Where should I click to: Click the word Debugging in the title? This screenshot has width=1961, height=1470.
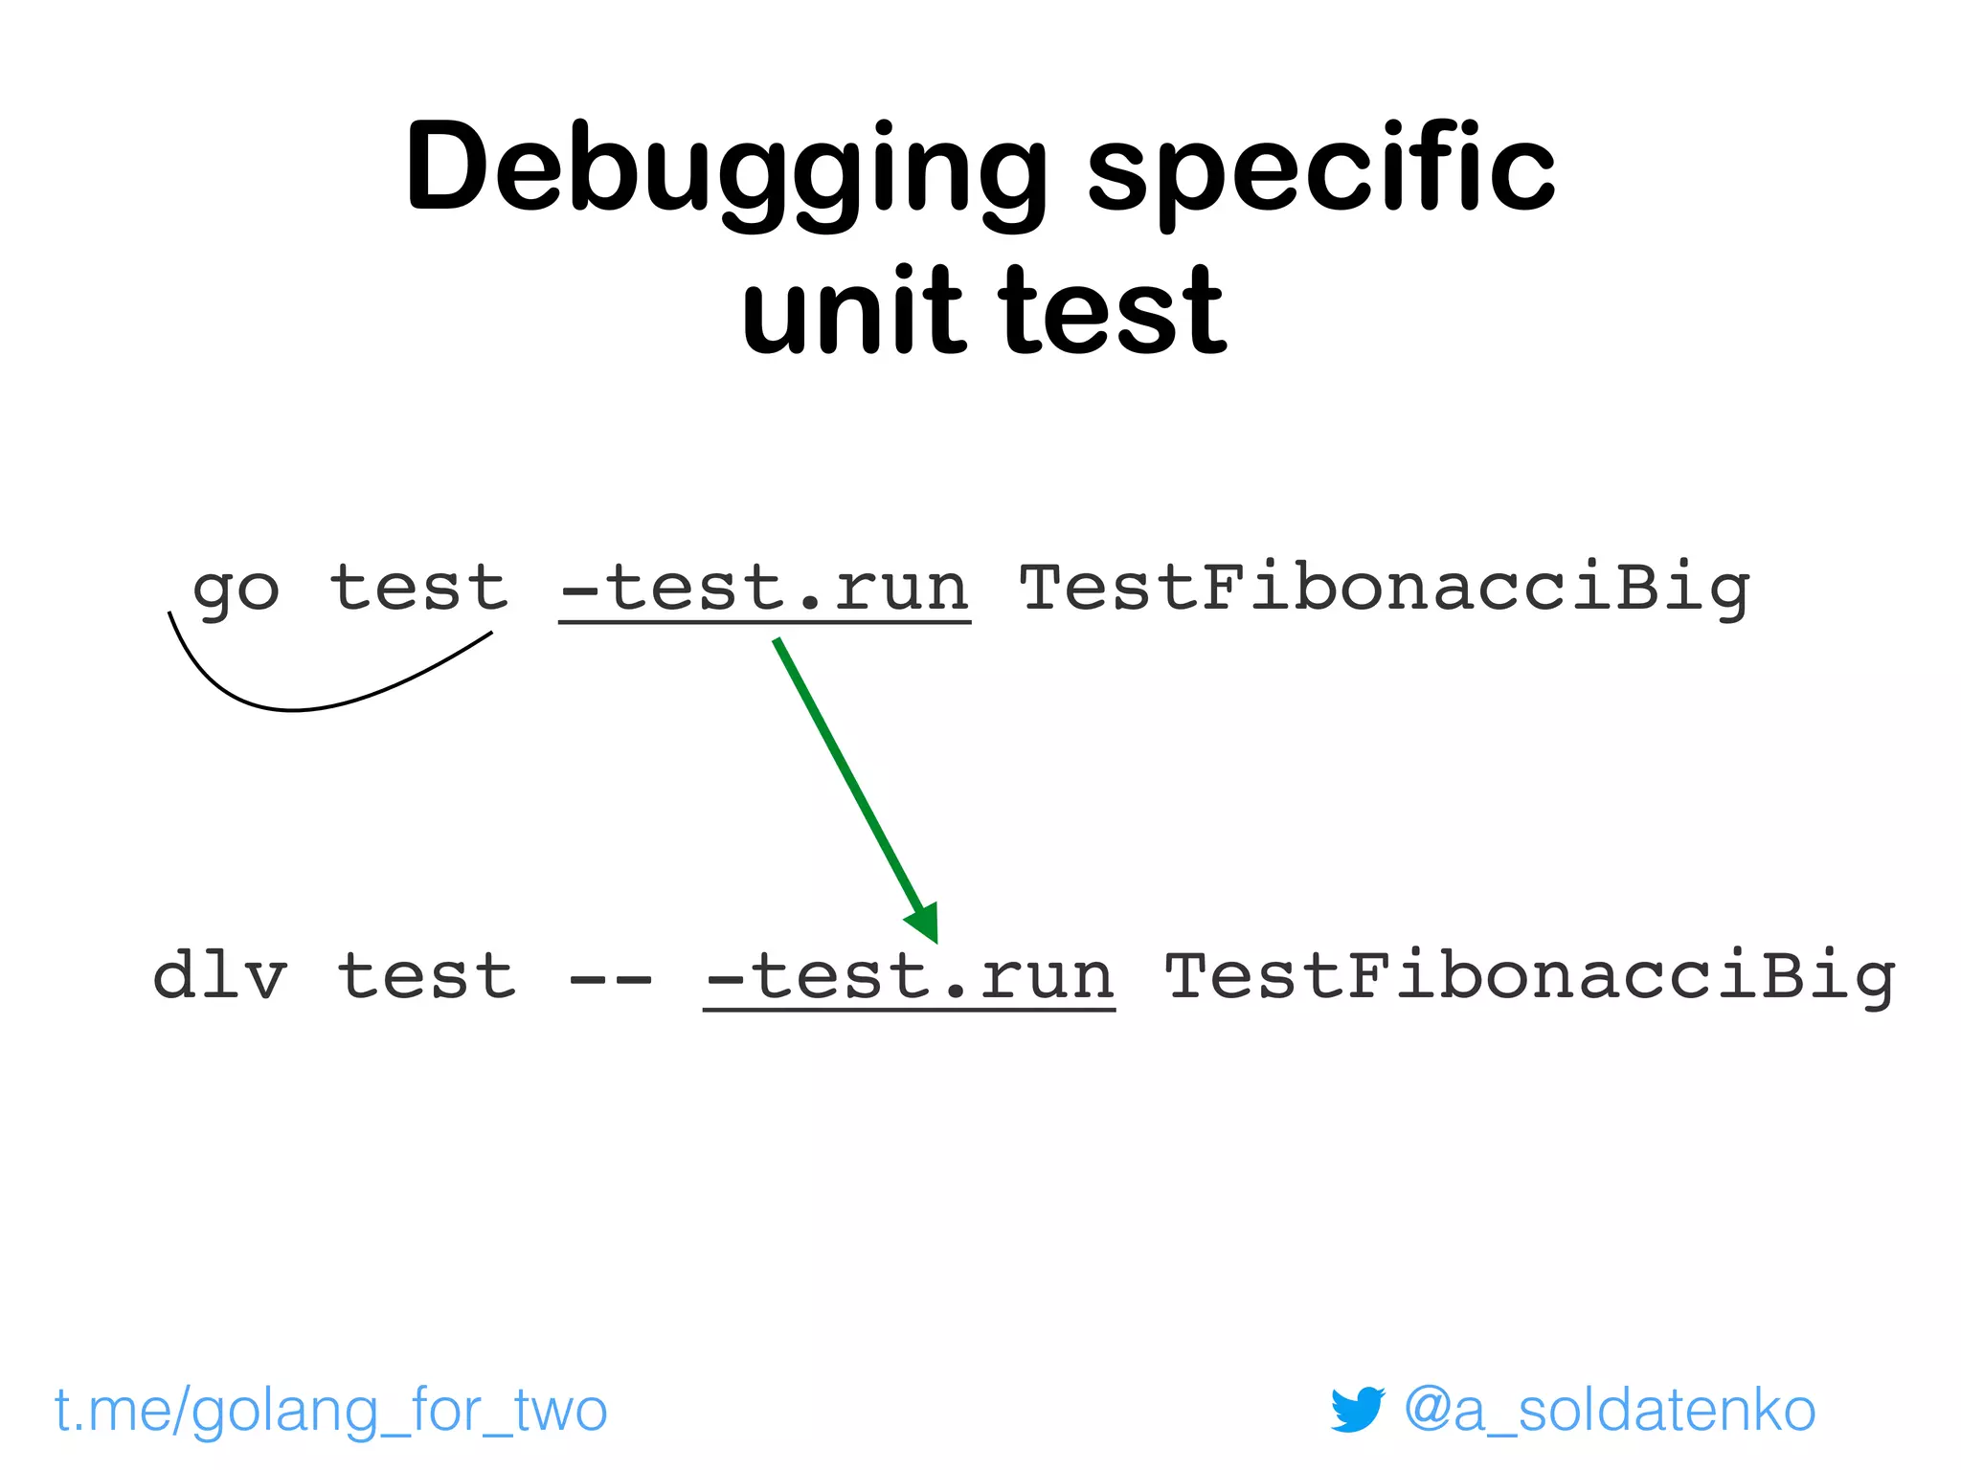pos(726,169)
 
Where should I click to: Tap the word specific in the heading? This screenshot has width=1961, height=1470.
pos(1320,169)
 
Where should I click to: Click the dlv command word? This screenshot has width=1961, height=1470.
pos(219,975)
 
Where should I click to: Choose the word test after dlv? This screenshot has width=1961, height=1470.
pos(426,975)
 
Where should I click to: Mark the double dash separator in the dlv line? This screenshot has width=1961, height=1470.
pos(610,978)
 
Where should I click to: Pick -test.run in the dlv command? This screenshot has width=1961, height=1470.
pos(910,975)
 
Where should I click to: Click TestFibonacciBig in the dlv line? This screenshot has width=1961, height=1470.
pos(1529,975)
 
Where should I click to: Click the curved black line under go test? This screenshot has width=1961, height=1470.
pos(293,710)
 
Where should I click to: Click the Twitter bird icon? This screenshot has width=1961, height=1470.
pos(1357,1409)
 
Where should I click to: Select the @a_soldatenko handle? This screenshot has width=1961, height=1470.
pos(1610,1410)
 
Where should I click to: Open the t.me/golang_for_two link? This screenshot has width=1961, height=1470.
pos(331,1410)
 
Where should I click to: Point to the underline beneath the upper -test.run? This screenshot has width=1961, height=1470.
pos(765,623)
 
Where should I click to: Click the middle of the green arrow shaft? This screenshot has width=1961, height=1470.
pos(847,775)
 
